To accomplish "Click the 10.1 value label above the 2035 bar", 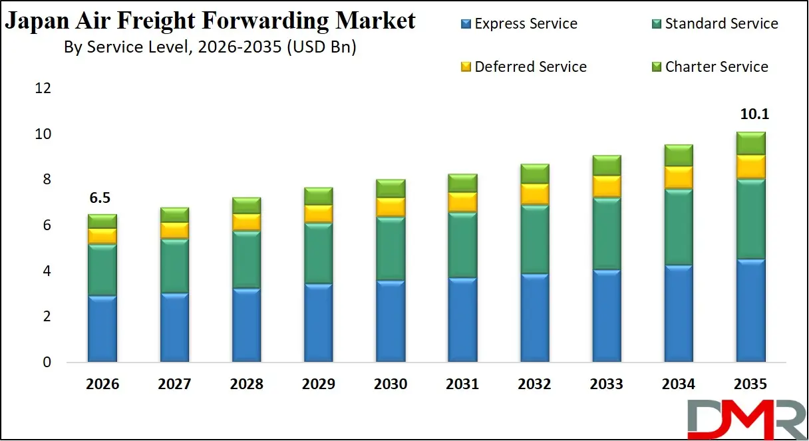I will click(x=754, y=114).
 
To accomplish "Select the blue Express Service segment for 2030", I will click(x=391, y=321).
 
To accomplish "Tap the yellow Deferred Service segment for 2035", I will click(x=750, y=166).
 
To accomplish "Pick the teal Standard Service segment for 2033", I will click(x=606, y=233).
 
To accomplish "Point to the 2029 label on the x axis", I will click(x=318, y=384).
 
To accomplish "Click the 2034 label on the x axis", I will click(x=679, y=384).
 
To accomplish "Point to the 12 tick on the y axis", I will click(x=43, y=88).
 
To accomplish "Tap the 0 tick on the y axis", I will click(x=46, y=363).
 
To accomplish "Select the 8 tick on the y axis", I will click(x=46, y=180).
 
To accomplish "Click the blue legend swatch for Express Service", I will click(x=466, y=25).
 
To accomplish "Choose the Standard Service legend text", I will click(x=721, y=24).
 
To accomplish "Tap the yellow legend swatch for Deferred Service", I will click(x=466, y=67).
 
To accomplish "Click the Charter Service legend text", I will click(x=717, y=67).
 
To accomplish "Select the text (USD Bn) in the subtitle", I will click(x=321, y=48).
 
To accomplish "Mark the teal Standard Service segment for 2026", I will click(x=102, y=269).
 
